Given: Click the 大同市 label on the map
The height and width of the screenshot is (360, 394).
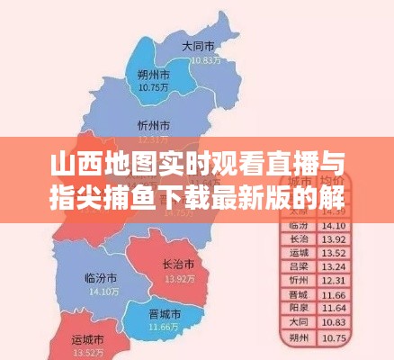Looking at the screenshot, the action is point(197,46).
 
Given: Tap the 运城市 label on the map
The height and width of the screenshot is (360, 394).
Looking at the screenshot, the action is point(87,340).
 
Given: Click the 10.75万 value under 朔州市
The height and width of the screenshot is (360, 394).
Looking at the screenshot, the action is point(155,88).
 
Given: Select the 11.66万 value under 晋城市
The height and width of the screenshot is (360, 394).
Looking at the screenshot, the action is point(163,327).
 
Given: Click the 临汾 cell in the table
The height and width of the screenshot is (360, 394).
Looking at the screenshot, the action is point(300,224).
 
